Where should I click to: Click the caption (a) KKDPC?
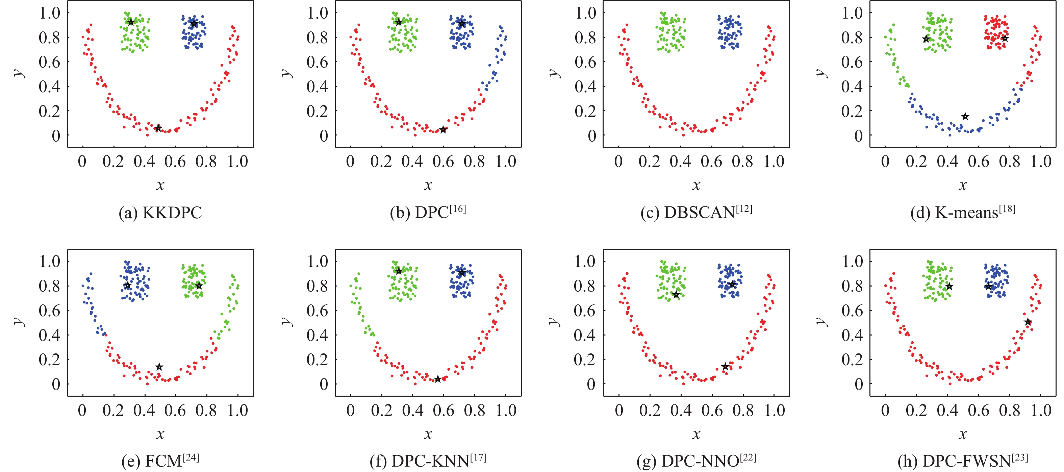160,213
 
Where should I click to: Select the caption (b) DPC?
428,212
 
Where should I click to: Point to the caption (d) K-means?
962,212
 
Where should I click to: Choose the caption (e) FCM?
160,461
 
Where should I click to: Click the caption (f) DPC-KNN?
428,461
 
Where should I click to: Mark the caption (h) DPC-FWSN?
962,461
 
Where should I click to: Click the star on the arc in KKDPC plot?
158,128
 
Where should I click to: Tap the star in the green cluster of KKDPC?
131,22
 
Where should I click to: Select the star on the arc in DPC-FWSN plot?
1028,322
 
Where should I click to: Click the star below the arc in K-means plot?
965,117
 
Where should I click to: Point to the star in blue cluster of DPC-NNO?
733,284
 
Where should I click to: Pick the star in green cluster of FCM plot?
199,285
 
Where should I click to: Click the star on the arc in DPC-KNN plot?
438,379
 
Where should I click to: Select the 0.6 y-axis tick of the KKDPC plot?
50,62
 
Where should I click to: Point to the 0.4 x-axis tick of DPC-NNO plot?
681,411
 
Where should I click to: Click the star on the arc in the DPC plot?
443,130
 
